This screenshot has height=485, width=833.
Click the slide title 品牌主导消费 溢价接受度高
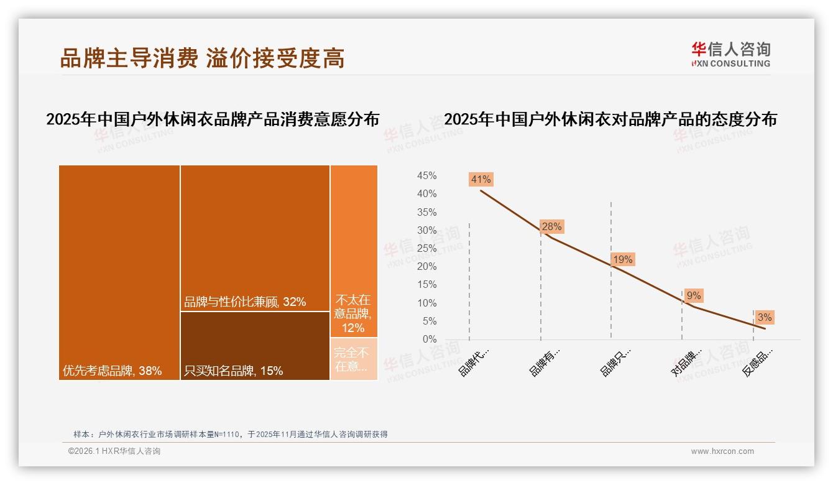(x=202, y=58)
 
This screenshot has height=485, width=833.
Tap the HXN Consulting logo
(x=730, y=55)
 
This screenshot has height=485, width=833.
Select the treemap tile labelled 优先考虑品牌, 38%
(x=119, y=272)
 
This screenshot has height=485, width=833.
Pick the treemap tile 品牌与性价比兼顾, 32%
(x=255, y=238)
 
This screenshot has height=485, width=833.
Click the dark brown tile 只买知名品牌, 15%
(x=255, y=346)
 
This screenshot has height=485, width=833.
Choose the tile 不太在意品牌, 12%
(x=354, y=251)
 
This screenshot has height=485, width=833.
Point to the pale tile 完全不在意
(x=354, y=359)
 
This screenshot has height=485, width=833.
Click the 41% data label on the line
(x=481, y=180)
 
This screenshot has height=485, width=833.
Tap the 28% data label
(x=551, y=227)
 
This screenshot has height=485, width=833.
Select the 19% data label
(x=622, y=259)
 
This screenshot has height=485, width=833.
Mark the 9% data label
(x=694, y=296)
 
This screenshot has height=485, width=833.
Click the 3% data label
(x=765, y=318)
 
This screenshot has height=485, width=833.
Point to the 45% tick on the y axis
(x=426, y=176)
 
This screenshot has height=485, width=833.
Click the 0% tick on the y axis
(x=430, y=339)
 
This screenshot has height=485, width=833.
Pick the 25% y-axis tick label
(x=426, y=249)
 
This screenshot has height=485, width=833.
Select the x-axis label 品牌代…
(x=474, y=362)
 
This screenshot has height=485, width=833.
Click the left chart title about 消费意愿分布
(x=213, y=119)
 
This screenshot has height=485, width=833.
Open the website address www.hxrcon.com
(x=722, y=451)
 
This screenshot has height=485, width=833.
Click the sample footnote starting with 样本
(x=231, y=435)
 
